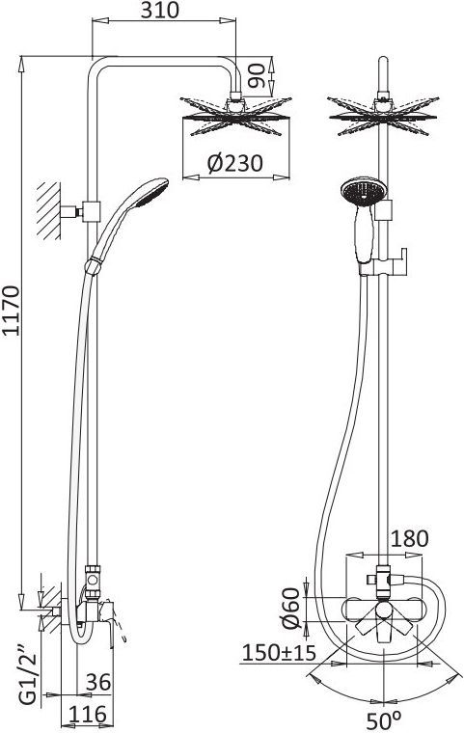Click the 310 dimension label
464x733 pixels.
(160, 11)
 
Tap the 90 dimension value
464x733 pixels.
(257, 76)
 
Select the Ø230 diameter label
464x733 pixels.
(235, 163)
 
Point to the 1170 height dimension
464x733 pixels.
(12, 311)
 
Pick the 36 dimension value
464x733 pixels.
(98, 682)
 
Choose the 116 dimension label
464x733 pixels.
(88, 715)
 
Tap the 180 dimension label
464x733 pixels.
(409, 538)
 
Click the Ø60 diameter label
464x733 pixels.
(290, 609)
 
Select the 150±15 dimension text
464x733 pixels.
(279, 653)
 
